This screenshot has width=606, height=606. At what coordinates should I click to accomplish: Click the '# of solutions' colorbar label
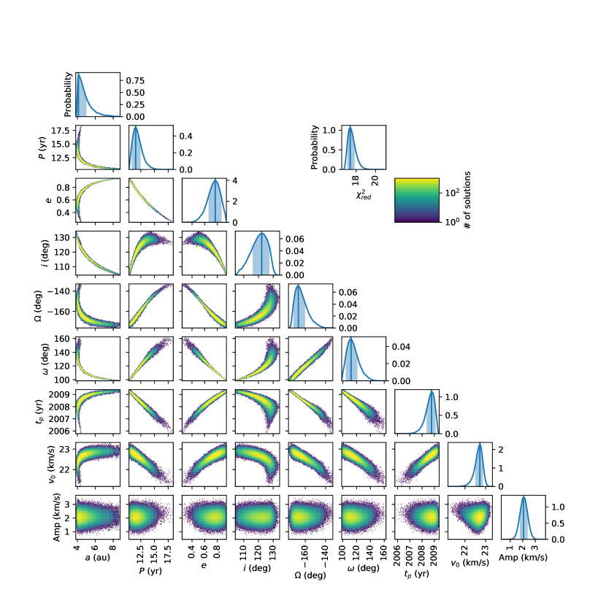click(x=467, y=200)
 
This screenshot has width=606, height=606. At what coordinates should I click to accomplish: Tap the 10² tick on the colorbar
click(x=452, y=192)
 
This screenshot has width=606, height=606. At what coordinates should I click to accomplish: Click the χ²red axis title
click(x=364, y=195)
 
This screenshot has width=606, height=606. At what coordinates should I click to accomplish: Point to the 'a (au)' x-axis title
click(x=97, y=557)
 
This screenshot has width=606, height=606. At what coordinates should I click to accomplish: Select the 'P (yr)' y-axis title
click(x=42, y=147)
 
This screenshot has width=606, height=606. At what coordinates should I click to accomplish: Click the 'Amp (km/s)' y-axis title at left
click(x=57, y=517)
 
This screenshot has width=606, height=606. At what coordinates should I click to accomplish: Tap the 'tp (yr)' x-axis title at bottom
click(x=417, y=574)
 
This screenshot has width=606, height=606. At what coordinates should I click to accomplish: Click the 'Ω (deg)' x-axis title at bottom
click(x=310, y=575)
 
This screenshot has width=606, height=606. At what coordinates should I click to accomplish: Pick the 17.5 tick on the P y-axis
click(x=61, y=131)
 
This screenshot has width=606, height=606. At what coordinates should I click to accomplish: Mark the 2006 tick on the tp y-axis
click(x=59, y=431)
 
